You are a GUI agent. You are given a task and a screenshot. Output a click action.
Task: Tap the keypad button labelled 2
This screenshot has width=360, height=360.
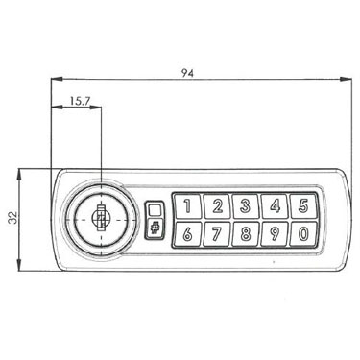click(217, 206)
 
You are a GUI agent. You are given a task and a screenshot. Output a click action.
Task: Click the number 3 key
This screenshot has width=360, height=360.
click(246, 206)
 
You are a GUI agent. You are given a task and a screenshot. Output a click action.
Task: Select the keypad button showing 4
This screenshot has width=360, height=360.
click(275, 206)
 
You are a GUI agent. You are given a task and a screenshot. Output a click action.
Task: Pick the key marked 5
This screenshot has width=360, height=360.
click(302, 206)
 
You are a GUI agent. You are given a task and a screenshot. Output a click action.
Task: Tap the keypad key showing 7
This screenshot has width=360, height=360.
click(217, 234)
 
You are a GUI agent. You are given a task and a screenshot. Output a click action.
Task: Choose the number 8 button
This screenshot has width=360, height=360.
click(246, 234)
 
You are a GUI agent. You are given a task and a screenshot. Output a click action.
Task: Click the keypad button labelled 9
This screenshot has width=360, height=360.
click(275, 234)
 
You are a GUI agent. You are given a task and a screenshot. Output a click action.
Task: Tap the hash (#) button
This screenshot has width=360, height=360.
click(155, 228)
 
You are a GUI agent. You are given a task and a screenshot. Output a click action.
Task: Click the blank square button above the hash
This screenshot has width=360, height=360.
click(155, 210)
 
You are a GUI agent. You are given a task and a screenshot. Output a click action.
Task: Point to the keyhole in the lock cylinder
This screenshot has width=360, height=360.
click(101, 218)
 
